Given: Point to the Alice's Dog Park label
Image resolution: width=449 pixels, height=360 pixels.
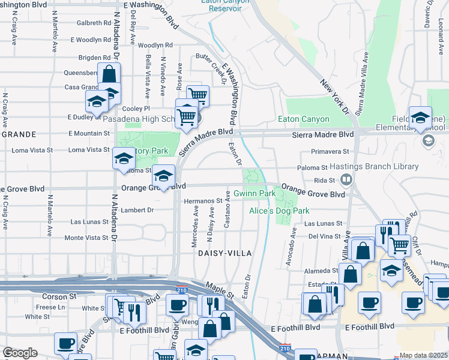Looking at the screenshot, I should coord(279,211).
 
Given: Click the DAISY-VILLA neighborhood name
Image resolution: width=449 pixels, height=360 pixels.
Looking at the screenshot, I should coord(223,254).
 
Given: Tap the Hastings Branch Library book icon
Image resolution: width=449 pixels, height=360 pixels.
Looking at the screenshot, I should coord(346,179).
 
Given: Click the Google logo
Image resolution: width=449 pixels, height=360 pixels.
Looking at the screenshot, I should coord(20,353).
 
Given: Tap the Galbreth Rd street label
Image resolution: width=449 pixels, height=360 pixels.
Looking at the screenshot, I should coord(97,23).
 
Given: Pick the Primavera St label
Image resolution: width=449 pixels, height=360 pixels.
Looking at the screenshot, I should coord(330,152).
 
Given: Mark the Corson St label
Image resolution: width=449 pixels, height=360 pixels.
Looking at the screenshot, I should coord(59,296).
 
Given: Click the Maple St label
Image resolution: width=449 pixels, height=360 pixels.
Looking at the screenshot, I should coord(220,290).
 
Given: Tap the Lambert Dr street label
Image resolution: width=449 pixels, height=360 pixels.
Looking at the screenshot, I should coord(137,210).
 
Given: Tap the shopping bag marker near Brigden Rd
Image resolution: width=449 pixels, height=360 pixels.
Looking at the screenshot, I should coord(109,75).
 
